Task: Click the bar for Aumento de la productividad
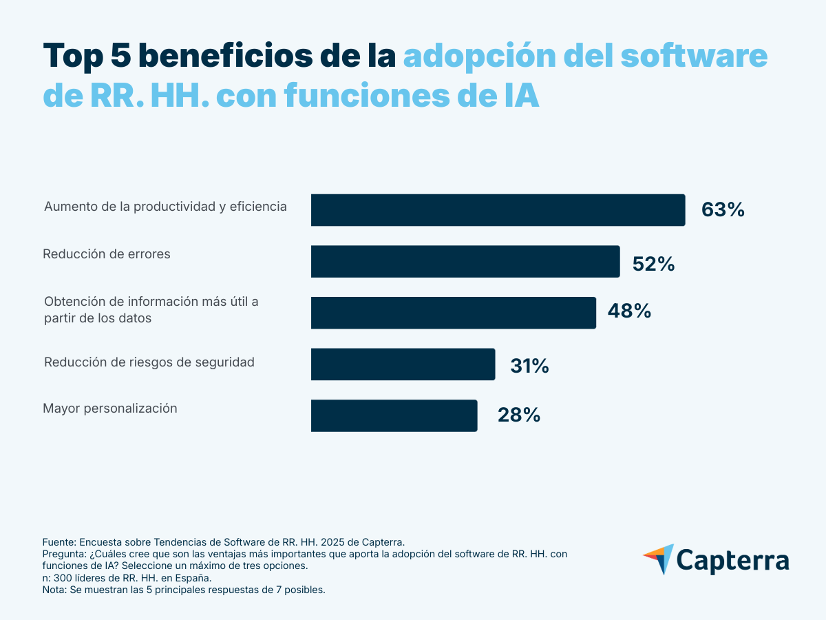tap(498, 210)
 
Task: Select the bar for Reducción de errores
tap(465, 262)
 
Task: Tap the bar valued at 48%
tap(453, 313)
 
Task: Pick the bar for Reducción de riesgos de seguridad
tap(403, 364)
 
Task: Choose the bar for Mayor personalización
tap(394, 415)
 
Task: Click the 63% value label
tap(723, 210)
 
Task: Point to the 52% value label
tap(653, 263)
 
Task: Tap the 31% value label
tap(529, 366)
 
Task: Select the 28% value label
tap(519, 416)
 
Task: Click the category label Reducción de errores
tap(107, 254)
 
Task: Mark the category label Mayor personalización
tap(110, 409)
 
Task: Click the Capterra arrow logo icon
tap(659, 559)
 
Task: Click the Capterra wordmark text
tap(732, 560)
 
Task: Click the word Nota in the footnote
tap(54, 590)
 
